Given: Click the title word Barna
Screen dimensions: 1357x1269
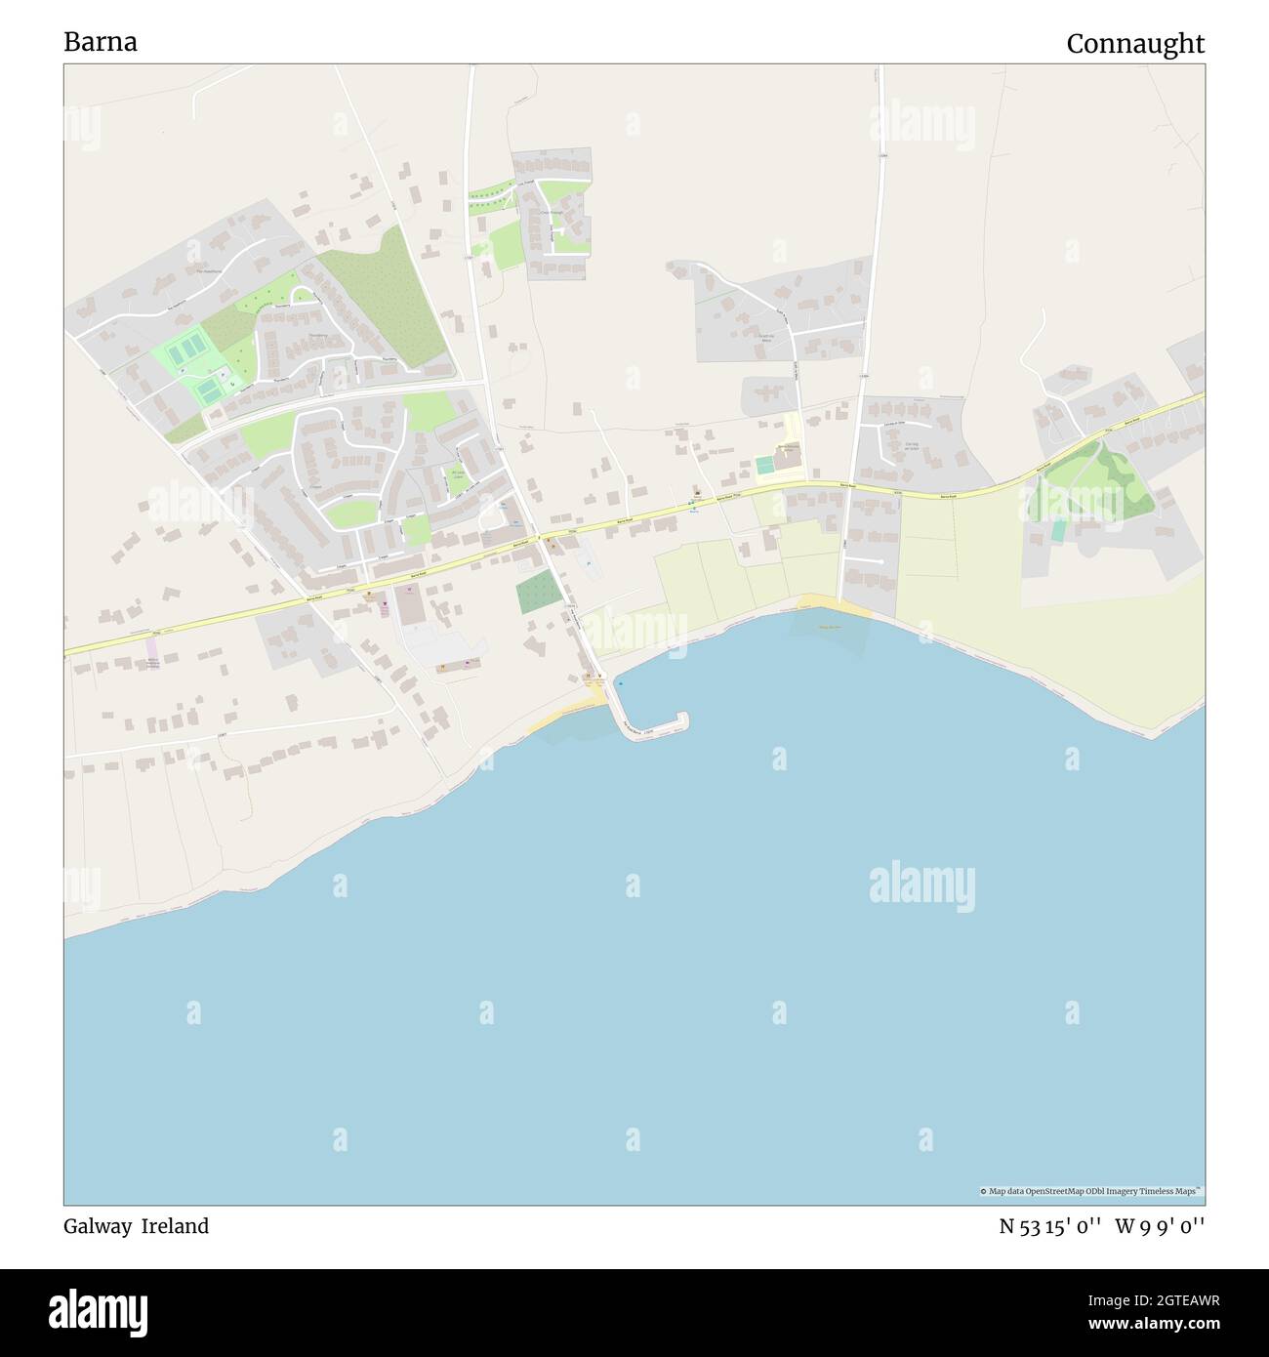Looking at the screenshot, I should [x=101, y=42].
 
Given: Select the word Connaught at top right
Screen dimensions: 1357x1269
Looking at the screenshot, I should [x=1135, y=44].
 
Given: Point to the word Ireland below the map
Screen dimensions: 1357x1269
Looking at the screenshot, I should [x=175, y=1226].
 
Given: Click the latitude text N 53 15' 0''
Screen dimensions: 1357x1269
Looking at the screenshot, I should [x=1050, y=1226].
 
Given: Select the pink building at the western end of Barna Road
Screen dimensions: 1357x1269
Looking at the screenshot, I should [x=152, y=648].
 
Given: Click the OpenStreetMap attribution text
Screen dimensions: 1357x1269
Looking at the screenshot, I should [x=1091, y=1191].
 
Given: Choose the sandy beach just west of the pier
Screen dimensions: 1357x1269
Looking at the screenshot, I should [x=566, y=718].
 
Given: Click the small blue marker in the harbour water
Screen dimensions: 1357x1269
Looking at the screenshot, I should [x=619, y=682].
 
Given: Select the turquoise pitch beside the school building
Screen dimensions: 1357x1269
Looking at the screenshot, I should [x=764, y=466].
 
